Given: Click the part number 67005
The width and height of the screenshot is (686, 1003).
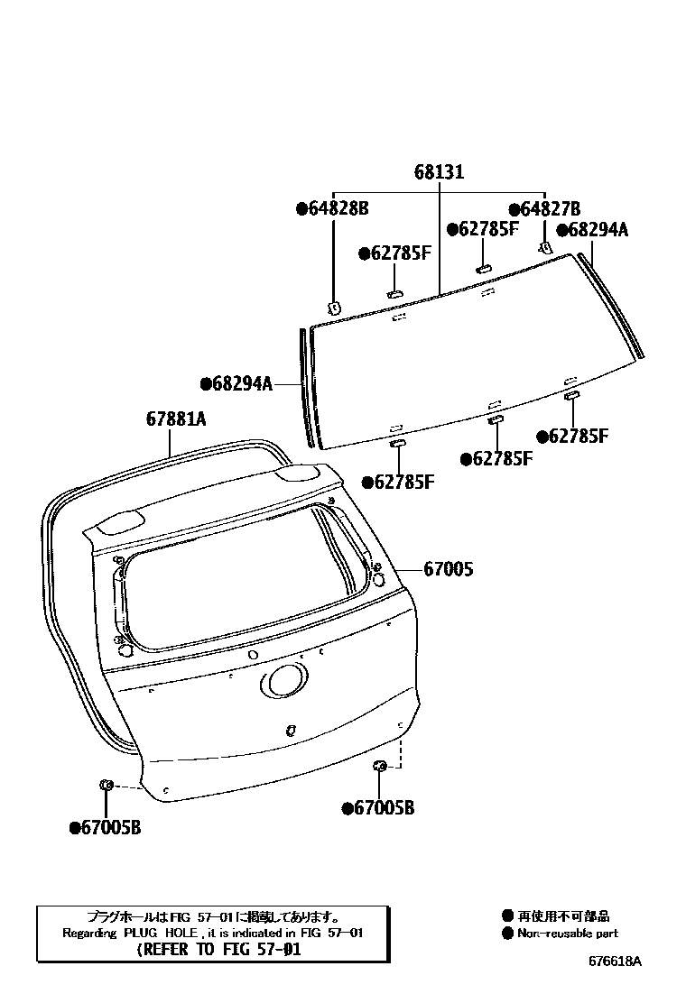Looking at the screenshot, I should click(449, 569).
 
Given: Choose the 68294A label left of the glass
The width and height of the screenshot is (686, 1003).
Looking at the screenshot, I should click(236, 383).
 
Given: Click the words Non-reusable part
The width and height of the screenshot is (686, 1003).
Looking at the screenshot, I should click(568, 934).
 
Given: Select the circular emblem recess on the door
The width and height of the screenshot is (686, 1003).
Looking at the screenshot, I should click(286, 681).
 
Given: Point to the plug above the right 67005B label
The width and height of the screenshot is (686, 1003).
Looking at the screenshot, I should click(380, 766).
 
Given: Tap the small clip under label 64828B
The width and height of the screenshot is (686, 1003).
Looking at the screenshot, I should click(333, 307).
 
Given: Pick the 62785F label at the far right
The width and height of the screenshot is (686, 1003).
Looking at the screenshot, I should click(572, 437).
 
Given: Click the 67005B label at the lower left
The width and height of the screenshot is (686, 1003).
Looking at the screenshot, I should click(105, 826).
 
